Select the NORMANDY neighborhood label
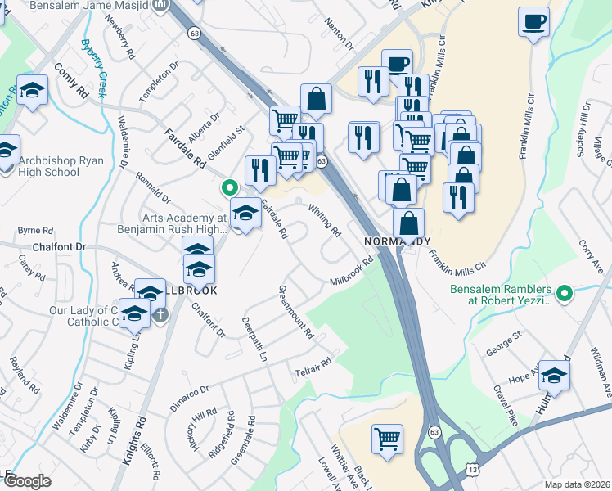397,242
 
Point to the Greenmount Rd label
296,312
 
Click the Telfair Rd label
313,367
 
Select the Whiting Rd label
325,220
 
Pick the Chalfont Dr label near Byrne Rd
58,246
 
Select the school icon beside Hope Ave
555,376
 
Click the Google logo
27,481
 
